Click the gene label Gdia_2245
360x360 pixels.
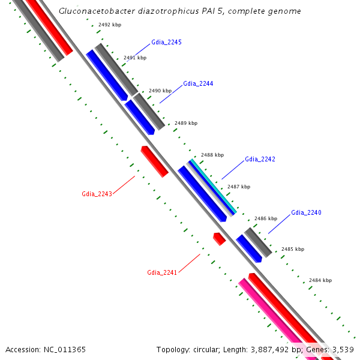(x=167, y=43)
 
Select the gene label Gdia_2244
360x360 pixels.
(x=198, y=83)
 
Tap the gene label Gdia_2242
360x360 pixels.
(x=260, y=160)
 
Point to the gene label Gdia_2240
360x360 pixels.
(x=306, y=212)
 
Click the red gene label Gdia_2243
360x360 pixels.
(x=97, y=194)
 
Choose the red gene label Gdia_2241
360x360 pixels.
(x=162, y=272)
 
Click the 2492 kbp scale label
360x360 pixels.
(x=110, y=25)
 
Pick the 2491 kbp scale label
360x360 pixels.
(x=134, y=58)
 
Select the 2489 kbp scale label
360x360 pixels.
(x=186, y=123)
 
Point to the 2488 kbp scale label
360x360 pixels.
(x=212, y=155)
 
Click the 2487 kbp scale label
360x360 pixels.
(x=239, y=187)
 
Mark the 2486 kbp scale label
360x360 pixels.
(x=266, y=218)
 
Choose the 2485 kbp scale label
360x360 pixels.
(x=293, y=249)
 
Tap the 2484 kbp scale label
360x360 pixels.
(x=320, y=280)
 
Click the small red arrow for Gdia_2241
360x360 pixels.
(x=219, y=239)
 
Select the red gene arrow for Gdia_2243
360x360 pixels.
(x=154, y=161)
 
